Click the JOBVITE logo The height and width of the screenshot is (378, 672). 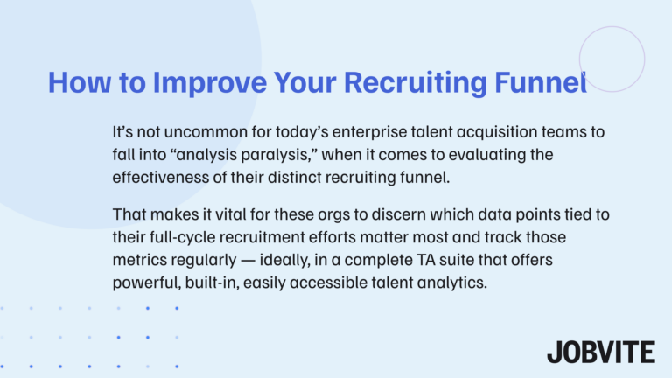(600, 352)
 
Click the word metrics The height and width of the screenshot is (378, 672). (140, 259)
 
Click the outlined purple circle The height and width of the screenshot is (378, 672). (612, 59)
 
